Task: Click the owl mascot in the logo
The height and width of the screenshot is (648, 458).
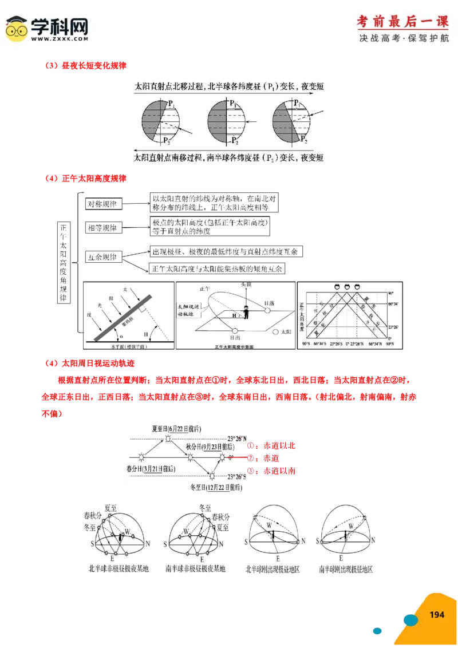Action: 17,29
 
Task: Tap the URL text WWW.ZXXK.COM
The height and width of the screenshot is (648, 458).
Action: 60,39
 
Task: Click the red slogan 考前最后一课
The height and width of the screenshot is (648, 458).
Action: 402,21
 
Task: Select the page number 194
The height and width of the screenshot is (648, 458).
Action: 437,614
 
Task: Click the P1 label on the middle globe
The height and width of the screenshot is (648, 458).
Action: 232,104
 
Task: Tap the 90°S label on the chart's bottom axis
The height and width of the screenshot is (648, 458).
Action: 307,344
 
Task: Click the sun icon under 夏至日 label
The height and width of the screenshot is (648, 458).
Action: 168,439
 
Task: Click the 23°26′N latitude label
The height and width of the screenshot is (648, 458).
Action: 234,438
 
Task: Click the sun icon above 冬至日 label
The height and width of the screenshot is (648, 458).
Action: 212,476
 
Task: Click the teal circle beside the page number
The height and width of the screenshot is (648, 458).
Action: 410,619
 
